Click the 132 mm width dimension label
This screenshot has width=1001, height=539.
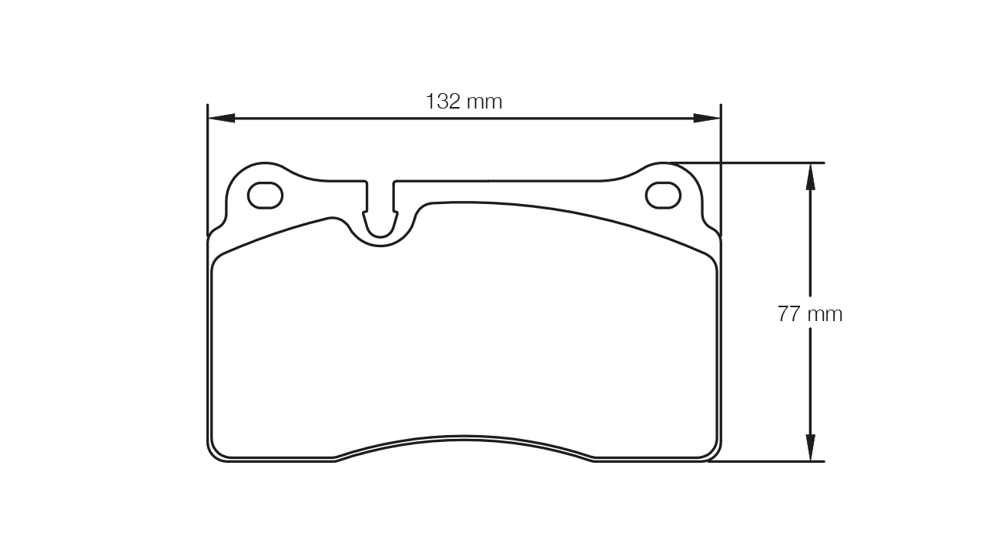(464, 102)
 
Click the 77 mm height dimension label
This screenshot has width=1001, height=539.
(810, 314)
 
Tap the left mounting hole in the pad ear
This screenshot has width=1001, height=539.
(265, 196)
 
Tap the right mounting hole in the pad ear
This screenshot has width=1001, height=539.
(663, 196)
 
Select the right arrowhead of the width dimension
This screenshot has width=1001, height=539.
(707, 119)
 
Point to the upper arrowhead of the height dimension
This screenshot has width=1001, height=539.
(810, 176)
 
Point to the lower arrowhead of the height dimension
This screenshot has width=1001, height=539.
(810, 448)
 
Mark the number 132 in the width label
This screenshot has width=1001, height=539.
(443, 102)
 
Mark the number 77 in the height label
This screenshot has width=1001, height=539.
(790, 314)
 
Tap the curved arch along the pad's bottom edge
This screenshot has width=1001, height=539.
(464, 438)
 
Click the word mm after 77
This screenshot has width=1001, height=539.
(825, 314)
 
